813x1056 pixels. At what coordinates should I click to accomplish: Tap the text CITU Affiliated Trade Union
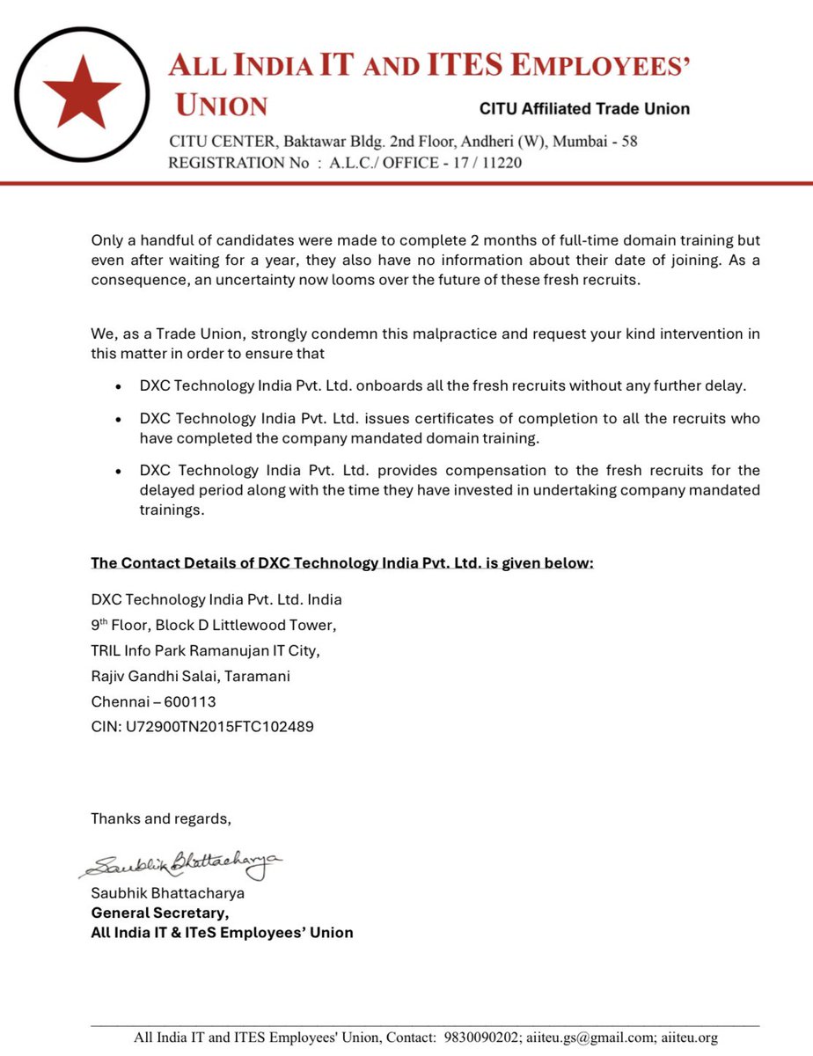[x=584, y=109]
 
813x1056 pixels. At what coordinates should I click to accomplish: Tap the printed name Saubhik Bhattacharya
[x=168, y=893]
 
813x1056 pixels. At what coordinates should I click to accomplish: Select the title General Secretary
[x=160, y=913]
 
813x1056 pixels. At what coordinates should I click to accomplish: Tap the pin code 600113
[x=184, y=701]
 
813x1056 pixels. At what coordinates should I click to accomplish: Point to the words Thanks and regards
[x=161, y=818]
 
